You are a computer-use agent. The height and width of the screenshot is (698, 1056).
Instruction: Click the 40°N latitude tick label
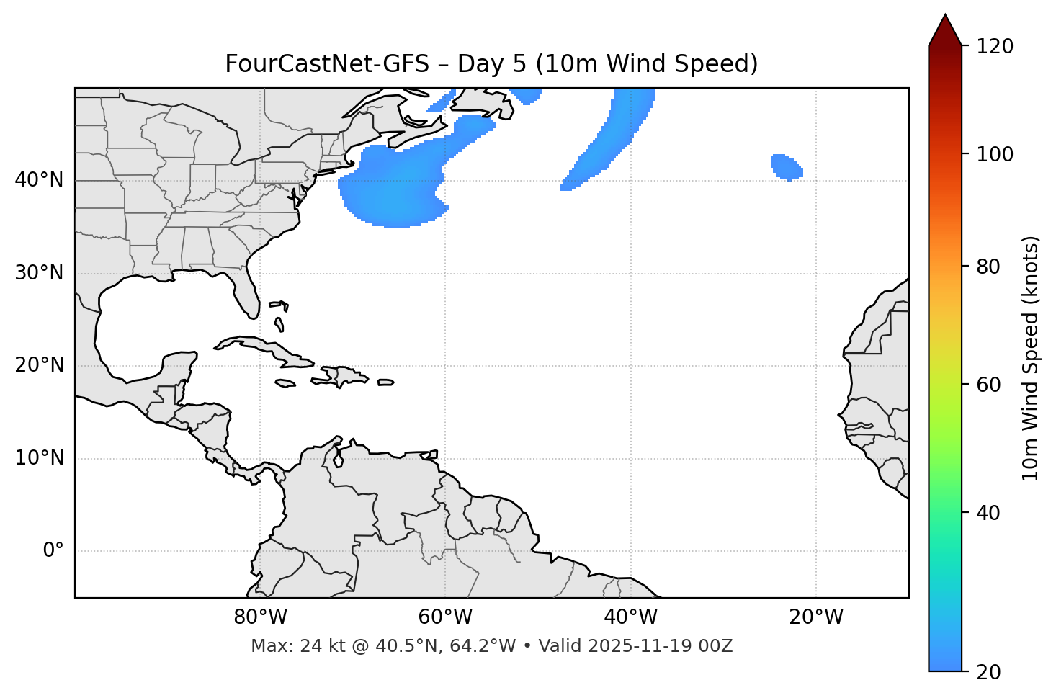point(39,180)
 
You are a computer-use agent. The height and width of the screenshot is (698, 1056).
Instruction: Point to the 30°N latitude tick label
point(39,273)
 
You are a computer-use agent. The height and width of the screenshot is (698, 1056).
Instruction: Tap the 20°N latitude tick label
point(39,365)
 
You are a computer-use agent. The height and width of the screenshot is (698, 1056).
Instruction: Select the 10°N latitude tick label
point(39,458)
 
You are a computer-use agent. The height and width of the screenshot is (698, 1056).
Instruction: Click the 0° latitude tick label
point(53,551)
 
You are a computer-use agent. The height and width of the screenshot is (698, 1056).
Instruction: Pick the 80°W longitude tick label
point(260,617)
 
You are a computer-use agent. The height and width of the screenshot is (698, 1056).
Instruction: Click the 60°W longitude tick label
point(445,617)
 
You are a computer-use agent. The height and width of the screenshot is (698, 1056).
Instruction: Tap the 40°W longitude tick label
point(630,617)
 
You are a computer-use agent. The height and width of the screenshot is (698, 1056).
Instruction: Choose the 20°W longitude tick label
point(816,617)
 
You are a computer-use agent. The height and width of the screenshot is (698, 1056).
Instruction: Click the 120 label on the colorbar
point(995,46)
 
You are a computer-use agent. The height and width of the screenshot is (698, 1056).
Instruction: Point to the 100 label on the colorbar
point(995,154)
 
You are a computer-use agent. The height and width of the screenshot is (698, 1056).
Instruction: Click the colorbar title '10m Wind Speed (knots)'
point(1031,358)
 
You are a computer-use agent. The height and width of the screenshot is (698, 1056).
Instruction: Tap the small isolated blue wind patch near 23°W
point(786,167)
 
